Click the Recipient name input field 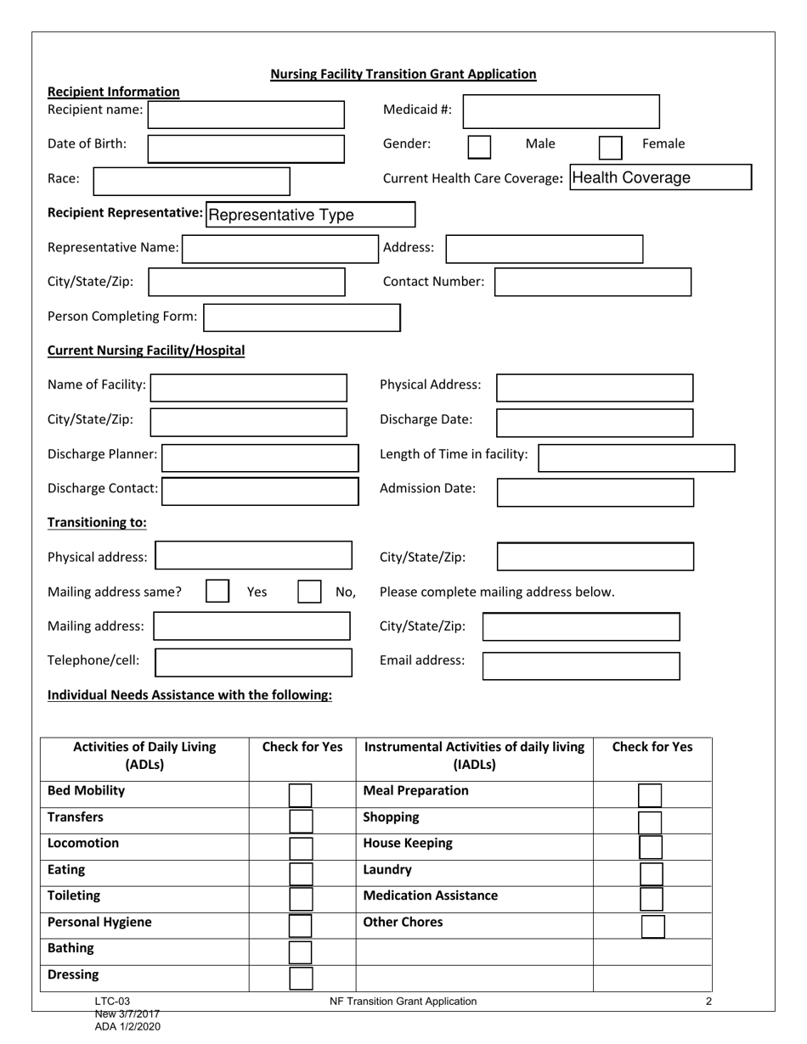coord(247,114)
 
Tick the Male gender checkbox coord(479,147)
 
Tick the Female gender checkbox coord(610,147)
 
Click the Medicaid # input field coord(562,111)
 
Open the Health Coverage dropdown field coord(660,177)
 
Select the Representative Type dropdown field coord(310,215)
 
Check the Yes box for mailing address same coord(217,591)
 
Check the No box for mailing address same coord(309,591)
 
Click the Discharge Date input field coord(595,422)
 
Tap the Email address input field coord(581,665)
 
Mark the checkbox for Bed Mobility coord(301,794)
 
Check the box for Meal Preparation coord(650,794)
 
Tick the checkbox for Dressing coord(301,978)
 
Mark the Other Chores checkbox coord(652,925)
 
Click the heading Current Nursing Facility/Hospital coord(146,350)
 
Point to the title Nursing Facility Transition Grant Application coord(403,74)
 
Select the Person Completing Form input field coord(302,317)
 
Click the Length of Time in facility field coord(636,457)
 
